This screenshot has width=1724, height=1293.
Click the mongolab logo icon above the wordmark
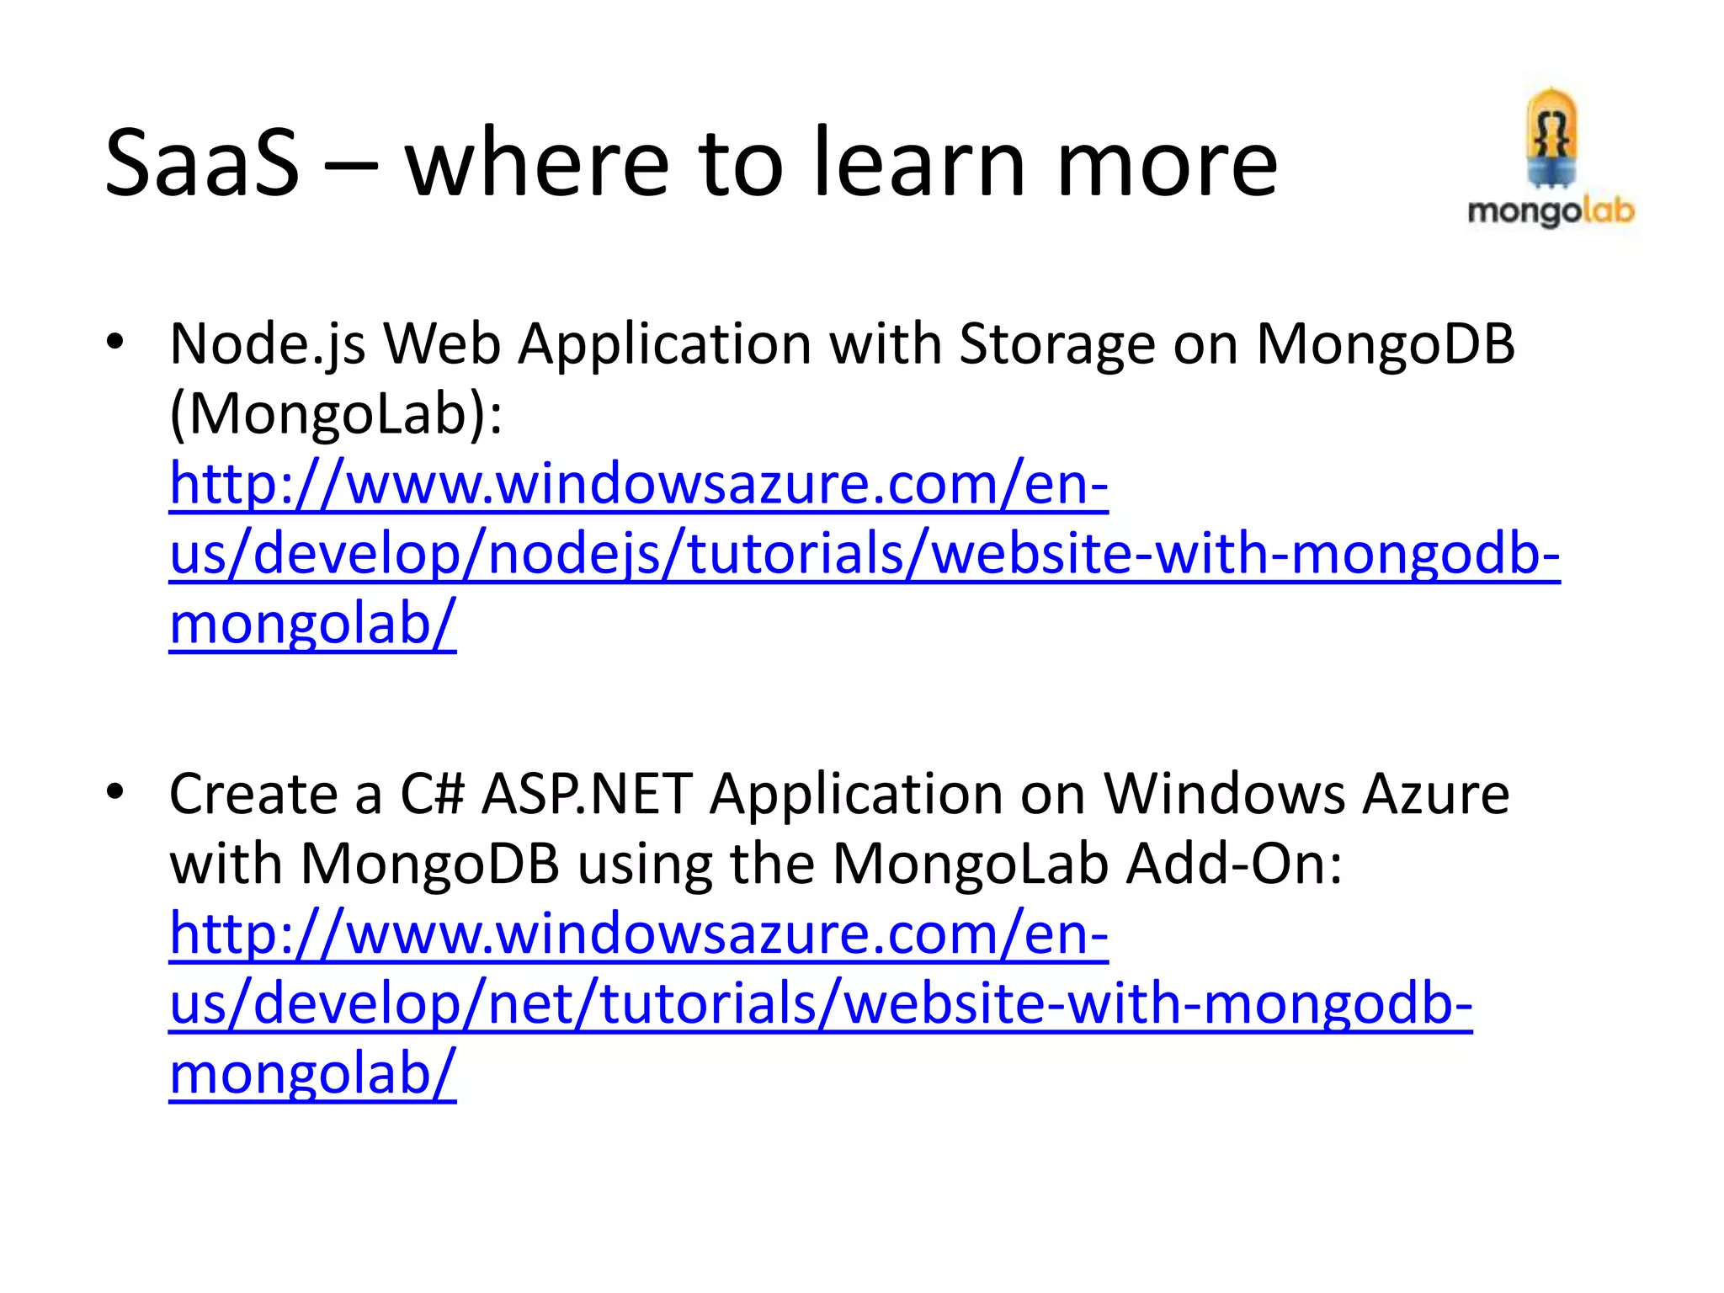[x=1551, y=139]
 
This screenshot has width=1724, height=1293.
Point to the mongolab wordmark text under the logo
[x=1551, y=210]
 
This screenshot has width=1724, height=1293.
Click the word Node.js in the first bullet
[x=268, y=345]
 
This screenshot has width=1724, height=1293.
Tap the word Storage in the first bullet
[x=1057, y=345]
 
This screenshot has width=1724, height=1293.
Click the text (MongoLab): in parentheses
[x=336, y=414]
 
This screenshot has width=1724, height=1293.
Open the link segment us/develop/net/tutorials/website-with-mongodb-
[x=821, y=1003]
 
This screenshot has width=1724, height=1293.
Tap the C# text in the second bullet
[x=432, y=794]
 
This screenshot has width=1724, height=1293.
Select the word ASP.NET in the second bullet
[x=587, y=794]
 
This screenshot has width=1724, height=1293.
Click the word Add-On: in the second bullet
[x=1234, y=864]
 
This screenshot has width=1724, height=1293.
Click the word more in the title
[x=1167, y=165]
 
